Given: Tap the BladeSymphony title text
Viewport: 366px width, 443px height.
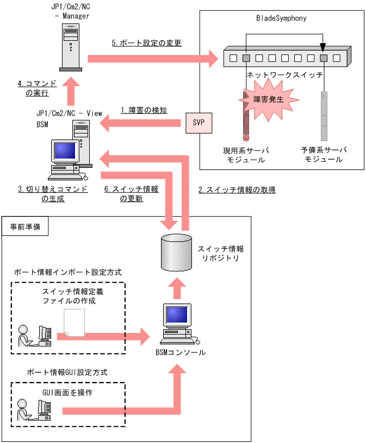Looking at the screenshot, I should (281, 18).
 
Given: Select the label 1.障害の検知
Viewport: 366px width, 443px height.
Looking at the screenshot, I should (144, 110).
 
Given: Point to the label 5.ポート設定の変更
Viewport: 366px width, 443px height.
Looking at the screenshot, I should (146, 43).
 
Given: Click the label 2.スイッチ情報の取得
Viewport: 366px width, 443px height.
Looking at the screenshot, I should (237, 190).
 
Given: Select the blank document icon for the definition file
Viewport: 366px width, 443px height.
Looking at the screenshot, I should (75, 323).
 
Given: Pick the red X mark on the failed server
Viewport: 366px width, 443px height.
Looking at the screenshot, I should (246, 137).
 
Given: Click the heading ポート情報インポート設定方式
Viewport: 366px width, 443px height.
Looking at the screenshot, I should (67, 272).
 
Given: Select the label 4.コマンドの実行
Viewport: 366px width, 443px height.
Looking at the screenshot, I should (36, 88).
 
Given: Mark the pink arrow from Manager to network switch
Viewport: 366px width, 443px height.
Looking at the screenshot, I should (152, 57).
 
